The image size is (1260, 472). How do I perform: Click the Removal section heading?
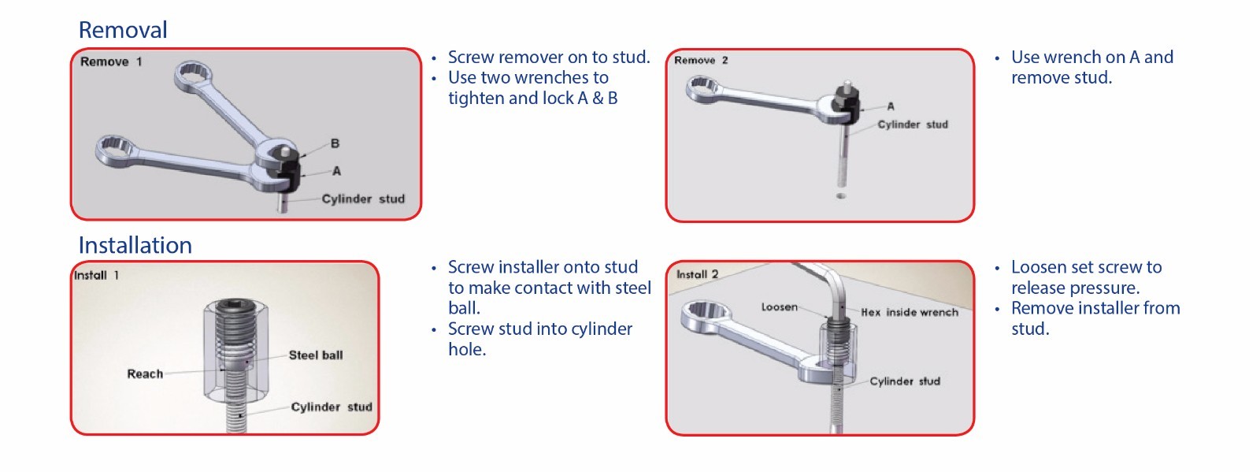[123, 30]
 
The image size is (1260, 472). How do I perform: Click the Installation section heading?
[135, 245]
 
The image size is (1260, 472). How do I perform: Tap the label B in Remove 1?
[335, 143]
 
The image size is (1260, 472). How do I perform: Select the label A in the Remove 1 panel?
[336, 170]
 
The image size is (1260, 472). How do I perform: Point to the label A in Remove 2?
[891, 106]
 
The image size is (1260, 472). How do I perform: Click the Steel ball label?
[316, 355]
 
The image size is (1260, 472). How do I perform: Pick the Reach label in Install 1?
[145, 374]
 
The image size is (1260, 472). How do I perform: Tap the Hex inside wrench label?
[910, 312]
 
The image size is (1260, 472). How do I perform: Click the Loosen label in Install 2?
[779, 307]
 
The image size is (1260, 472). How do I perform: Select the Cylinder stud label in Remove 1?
[363, 199]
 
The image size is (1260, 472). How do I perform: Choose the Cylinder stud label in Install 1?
[332, 407]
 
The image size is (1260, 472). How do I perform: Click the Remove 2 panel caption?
[701, 60]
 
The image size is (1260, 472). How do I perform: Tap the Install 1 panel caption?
[96, 275]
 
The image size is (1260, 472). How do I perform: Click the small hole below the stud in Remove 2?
[841, 195]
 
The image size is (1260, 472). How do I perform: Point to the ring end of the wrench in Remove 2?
[703, 88]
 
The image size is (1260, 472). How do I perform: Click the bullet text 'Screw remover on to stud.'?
[549, 58]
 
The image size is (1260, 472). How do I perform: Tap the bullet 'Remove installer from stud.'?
[1095, 318]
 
